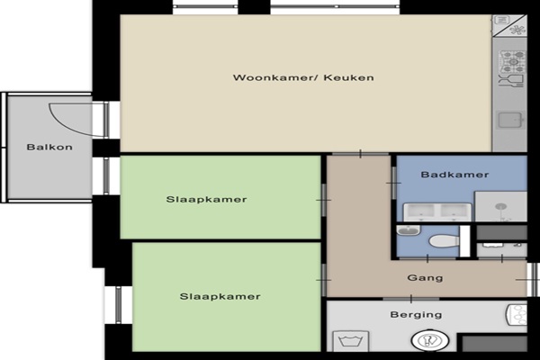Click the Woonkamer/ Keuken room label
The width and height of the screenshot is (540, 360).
pyautogui.click(x=303, y=77)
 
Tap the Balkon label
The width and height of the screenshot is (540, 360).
pyautogui.click(x=49, y=147)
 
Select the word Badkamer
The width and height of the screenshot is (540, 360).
pyautogui.click(x=454, y=175)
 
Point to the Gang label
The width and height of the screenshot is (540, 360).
pyautogui.click(x=425, y=278)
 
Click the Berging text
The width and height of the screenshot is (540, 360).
pyautogui.click(x=416, y=314)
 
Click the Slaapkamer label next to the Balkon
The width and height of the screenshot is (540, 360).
pyautogui.click(x=206, y=199)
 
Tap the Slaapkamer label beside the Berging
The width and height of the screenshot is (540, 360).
pyautogui.click(x=220, y=296)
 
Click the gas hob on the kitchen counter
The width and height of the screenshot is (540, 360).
pyautogui.click(x=513, y=61)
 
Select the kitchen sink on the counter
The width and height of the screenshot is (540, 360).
pyautogui.click(x=510, y=121)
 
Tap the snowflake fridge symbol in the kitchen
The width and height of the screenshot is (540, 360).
pyautogui.click(x=517, y=30)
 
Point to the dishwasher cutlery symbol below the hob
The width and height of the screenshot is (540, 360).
pyautogui.click(x=511, y=81)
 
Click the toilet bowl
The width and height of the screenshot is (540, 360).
pyautogui.click(x=445, y=241)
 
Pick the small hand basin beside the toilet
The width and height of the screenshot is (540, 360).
pyautogui.click(x=409, y=230)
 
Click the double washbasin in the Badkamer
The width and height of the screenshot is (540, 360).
pyautogui.click(x=437, y=211)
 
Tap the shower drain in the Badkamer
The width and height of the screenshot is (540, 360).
pyautogui.click(x=500, y=207)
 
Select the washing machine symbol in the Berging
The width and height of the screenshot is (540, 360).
pyautogui.click(x=351, y=341)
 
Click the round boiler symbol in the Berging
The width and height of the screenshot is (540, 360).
pyautogui.click(x=430, y=340)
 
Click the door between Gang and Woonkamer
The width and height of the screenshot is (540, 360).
pyautogui.click(x=360, y=154)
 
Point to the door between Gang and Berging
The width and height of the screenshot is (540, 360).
pyautogui.click(x=411, y=299)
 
